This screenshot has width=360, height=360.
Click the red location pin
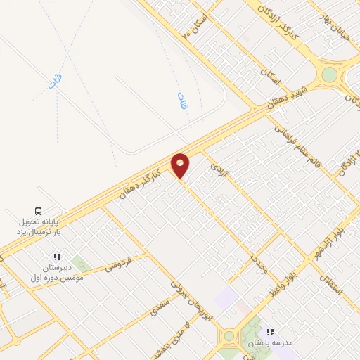point(181,165)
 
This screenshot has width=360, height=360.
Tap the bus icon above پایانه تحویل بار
point(39,210)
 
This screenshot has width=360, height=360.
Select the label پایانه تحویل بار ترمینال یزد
point(40,226)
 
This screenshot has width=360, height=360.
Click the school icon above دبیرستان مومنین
point(57,257)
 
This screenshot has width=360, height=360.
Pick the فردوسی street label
point(117,264)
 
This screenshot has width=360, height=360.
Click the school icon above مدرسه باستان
point(269,332)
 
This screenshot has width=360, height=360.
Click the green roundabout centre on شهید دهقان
point(329,74)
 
